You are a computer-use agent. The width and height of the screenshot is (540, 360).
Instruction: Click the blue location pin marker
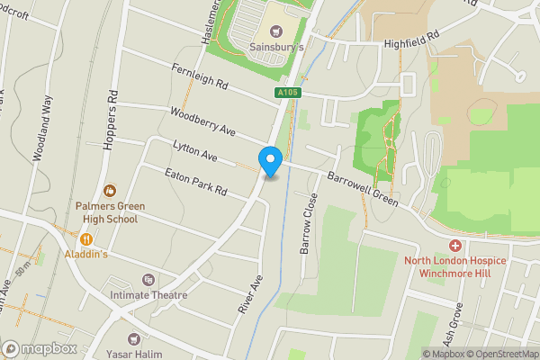pyautogui.click(x=271, y=161)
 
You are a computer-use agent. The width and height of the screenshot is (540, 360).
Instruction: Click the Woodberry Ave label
pyautogui.click(x=202, y=121)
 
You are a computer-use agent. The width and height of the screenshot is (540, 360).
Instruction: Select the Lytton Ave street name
pyautogui.click(x=195, y=150)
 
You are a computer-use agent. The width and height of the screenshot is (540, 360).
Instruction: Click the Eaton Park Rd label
pyautogui.click(x=194, y=182)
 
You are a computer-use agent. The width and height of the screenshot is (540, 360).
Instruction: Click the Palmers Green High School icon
pyautogui.click(x=109, y=190)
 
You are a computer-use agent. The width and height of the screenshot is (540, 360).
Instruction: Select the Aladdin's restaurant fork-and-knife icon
pyautogui.click(x=87, y=238)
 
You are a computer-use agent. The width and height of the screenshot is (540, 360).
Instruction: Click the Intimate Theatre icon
pyautogui.click(x=148, y=280)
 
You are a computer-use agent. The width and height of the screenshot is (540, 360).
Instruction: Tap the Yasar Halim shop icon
pyautogui.click(x=135, y=338)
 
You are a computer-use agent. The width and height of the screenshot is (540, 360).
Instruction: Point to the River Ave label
pyautogui.click(x=250, y=294)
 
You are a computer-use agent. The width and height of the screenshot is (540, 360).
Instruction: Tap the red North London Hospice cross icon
pyautogui.click(x=455, y=246)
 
